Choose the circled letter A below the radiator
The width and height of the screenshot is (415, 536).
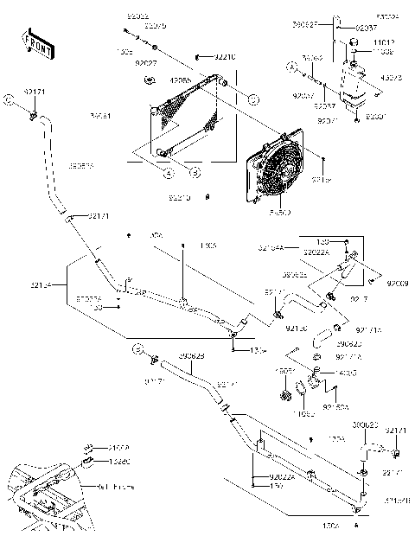coord(162,172)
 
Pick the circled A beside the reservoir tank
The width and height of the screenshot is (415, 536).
coord(291,66)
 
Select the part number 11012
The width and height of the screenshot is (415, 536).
coord(385,42)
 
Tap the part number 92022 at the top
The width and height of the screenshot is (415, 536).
coord(137,17)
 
